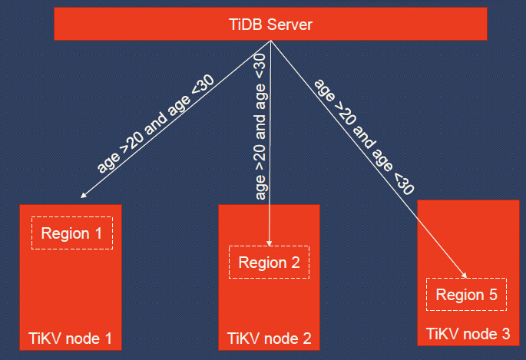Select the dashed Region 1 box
(71, 233)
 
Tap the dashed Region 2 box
(269, 263)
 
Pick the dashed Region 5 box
(467, 294)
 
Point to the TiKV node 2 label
(270, 337)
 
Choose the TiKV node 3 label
(468, 334)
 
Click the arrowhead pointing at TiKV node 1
(82, 196)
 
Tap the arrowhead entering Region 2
(270, 243)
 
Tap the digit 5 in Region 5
(493, 294)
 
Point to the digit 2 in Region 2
(295, 263)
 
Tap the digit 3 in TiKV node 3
(504, 334)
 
